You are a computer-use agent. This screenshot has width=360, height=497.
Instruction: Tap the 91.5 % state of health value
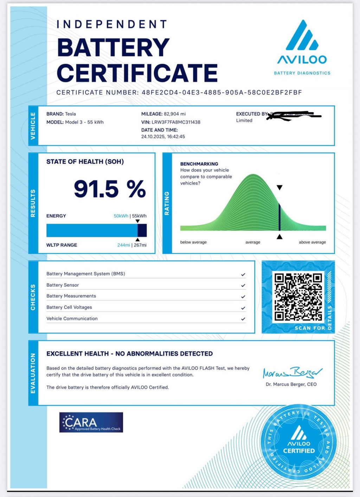point(110,189)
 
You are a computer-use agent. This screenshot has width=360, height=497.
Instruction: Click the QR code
point(298,297)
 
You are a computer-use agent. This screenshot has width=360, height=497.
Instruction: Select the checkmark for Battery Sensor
point(243,285)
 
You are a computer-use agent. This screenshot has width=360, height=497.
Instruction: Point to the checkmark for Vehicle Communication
point(243,319)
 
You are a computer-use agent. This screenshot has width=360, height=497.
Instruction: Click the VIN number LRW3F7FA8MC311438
point(176,122)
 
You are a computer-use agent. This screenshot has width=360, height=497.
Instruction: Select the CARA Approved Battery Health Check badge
point(91,422)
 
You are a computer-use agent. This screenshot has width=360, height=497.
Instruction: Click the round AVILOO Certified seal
point(299,442)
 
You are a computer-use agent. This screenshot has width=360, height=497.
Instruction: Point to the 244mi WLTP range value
point(123,245)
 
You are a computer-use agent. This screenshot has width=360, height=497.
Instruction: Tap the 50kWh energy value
point(121,216)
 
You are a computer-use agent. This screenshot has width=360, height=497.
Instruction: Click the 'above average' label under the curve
point(312,242)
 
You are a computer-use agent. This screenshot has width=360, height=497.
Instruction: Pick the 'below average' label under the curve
point(193,242)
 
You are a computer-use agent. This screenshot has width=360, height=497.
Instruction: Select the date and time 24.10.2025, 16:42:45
point(163,136)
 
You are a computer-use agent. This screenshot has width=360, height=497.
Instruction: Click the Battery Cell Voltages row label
point(69,307)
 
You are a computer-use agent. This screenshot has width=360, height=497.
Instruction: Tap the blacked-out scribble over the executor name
point(294,115)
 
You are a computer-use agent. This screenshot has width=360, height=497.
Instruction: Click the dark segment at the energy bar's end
point(142,230)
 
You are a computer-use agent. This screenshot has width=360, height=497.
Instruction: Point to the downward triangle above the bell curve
point(279,187)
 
